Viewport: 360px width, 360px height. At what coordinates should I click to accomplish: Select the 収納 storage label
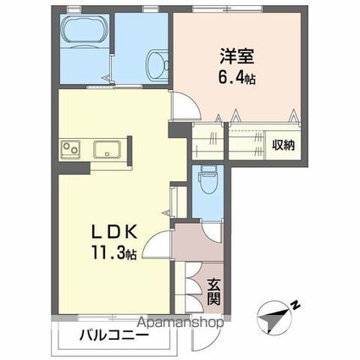283,144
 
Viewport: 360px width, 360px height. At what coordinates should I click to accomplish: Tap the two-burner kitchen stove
69,150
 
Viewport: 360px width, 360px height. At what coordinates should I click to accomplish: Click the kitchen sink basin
106,151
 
